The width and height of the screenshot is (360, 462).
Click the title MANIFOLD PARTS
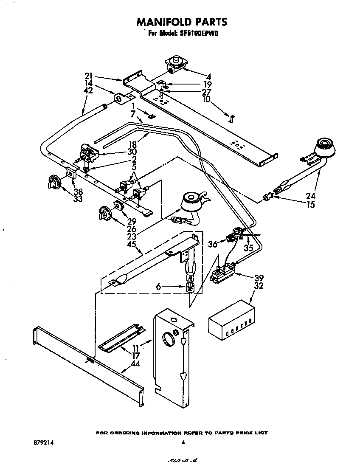pyautogui.click(x=182, y=22)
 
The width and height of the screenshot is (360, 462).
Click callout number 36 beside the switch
pyautogui.click(x=213, y=244)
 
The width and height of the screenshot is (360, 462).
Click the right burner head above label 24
pyautogui.click(x=325, y=147)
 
